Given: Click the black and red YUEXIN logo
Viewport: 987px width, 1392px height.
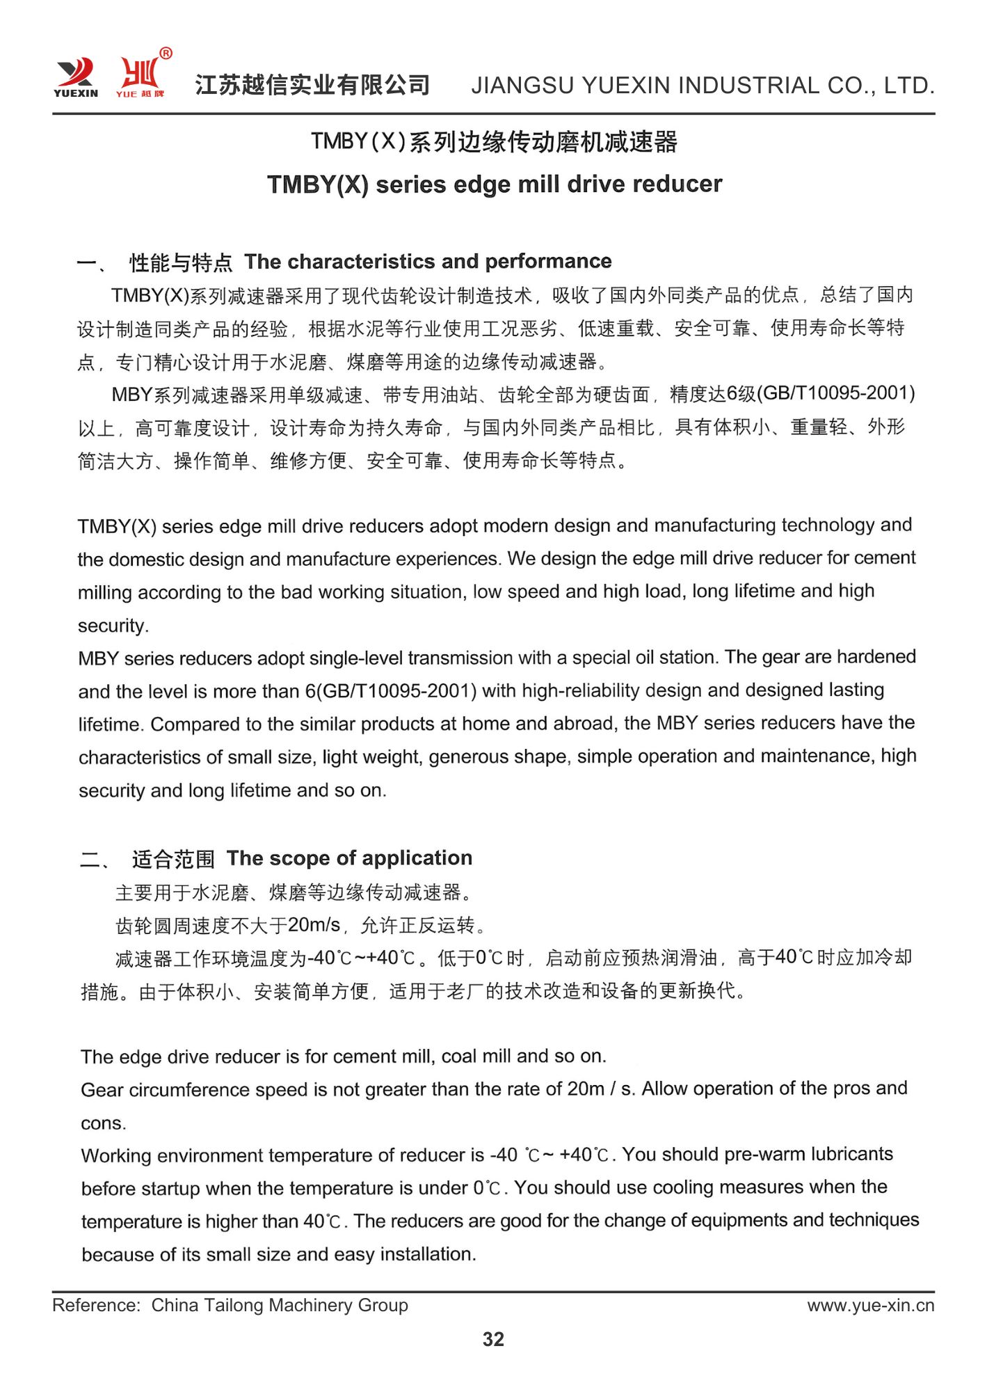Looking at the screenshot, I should click(75, 77).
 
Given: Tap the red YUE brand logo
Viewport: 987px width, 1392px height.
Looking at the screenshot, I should click(140, 77).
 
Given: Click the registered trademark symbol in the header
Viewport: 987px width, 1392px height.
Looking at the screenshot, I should click(166, 54).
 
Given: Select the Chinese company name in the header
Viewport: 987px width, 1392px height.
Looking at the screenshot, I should click(312, 85).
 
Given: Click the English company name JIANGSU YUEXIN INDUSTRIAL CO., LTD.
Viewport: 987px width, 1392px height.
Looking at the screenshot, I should click(703, 86).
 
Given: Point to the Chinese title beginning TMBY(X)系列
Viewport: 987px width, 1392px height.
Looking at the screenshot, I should click(494, 142).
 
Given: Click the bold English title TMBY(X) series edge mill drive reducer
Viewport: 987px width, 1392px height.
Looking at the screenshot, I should click(495, 184).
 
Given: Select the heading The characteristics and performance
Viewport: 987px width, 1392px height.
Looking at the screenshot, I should click(428, 262).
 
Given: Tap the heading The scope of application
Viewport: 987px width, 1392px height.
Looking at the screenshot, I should click(349, 858).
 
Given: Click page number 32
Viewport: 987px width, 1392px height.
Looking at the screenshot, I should click(493, 1339).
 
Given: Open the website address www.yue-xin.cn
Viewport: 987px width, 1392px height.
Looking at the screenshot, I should click(871, 1306).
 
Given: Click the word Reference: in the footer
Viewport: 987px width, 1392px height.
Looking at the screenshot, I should click(97, 1306).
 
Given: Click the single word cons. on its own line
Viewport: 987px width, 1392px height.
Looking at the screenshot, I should click(104, 1123).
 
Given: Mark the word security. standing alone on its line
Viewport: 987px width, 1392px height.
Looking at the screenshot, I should click(113, 626).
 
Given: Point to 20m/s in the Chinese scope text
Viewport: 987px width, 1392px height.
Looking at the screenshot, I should click(314, 925).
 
